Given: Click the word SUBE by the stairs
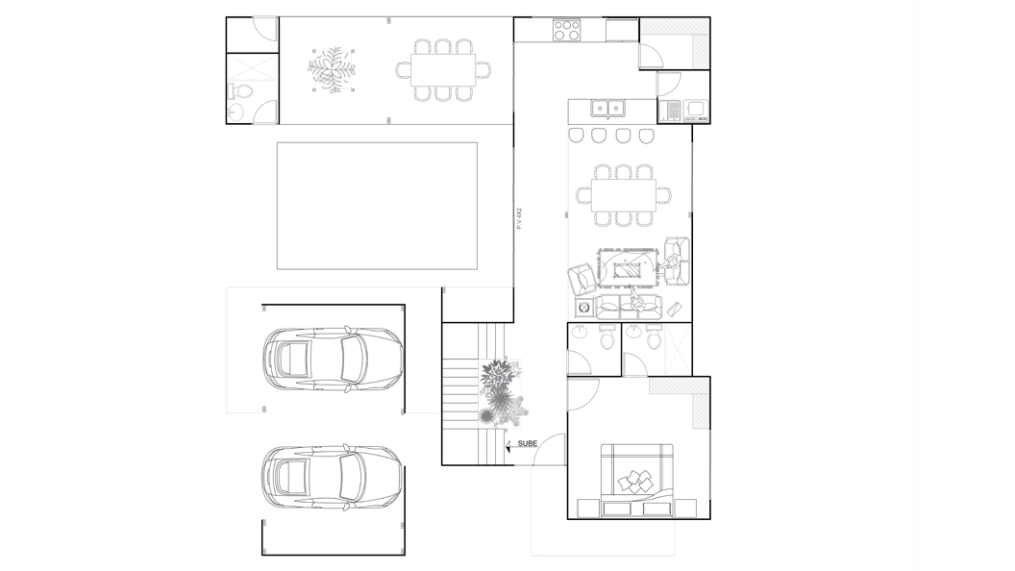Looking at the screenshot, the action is [x=528, y=443].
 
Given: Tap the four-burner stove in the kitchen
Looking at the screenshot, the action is [x=566, y=30].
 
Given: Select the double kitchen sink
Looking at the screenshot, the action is [x=607, y=108].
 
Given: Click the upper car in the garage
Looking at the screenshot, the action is [x=333, y=359].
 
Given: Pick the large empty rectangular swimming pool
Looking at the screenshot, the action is [x=378, y=206].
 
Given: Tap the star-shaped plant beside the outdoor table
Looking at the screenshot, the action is [x=332, y=69].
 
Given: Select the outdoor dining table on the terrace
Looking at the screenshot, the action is [x=443, y=69].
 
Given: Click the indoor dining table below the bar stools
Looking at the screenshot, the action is [x=624, y=195].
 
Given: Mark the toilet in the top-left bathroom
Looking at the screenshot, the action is [x=239, y=91].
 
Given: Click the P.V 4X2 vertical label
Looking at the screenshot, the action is [x=519, y=218].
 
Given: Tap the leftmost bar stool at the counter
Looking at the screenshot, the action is [x=577, y=136].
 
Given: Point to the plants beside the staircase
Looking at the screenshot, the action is [x=501, y=393].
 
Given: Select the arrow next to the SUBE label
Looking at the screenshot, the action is [x=508, y=445].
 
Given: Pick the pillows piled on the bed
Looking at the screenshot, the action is [x=635, y=481].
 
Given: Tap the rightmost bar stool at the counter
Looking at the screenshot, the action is [x=647, y=136].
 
